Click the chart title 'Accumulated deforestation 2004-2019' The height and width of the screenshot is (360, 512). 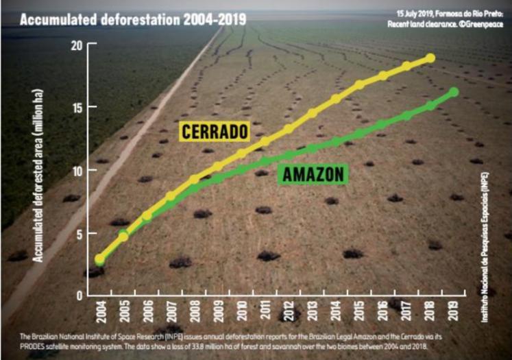click(132, 19)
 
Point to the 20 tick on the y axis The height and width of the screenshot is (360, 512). click(75, 45)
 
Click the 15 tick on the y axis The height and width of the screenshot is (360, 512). click(75, 108)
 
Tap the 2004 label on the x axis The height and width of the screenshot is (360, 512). click(100, 313)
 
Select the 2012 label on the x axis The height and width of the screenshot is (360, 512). click(288, 313)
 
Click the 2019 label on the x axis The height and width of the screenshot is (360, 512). click(453, 313)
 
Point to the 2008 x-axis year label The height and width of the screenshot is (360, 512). click(194, 313)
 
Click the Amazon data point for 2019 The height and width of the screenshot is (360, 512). click(453, 92)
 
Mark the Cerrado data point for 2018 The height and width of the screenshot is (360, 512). click(430, 58)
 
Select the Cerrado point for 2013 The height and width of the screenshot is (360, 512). click(312, 113)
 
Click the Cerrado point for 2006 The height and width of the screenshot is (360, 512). click(147, 216)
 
